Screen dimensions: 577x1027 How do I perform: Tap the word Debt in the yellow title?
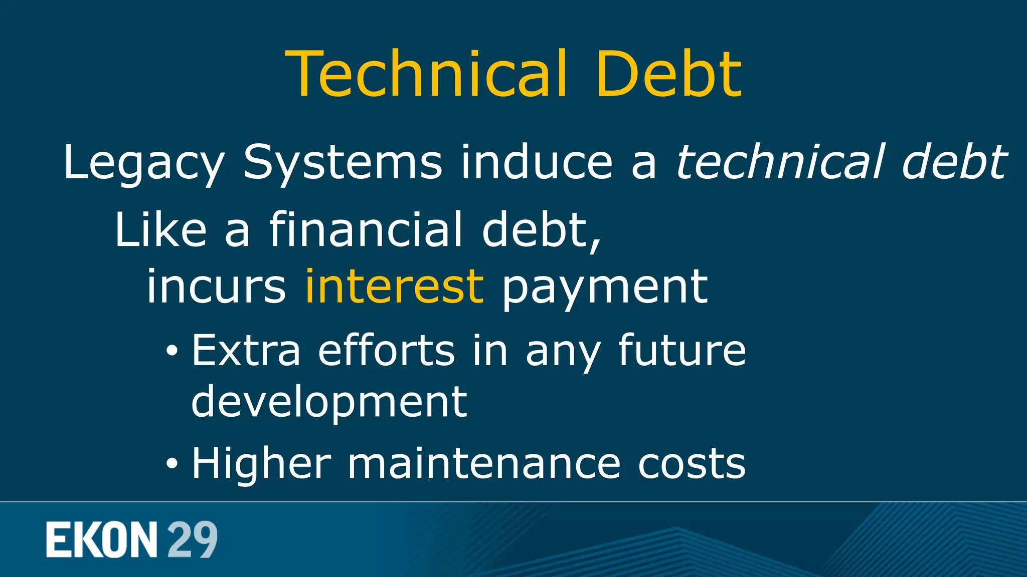668,74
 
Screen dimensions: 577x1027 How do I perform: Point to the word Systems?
343,163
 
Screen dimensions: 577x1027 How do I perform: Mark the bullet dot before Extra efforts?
172,351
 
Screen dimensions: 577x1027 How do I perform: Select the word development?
329,402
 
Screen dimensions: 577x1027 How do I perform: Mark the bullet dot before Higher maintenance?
172,464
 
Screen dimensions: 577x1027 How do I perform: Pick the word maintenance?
484,463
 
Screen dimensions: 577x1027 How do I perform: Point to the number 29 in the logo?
192,539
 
